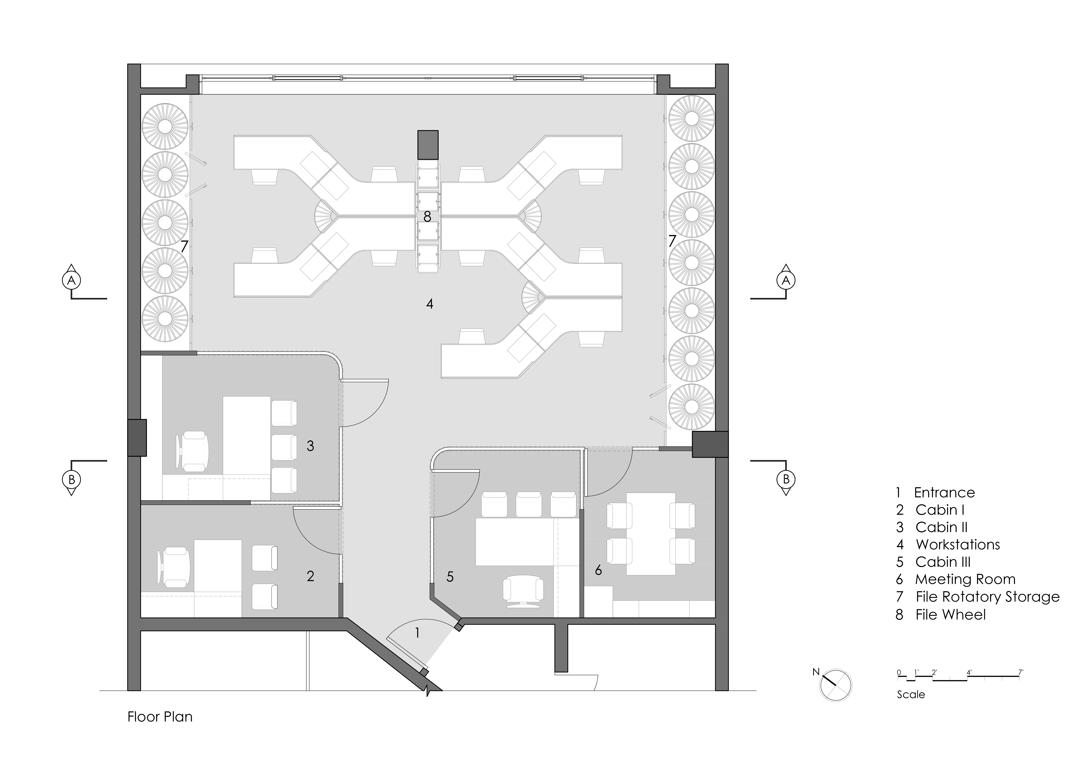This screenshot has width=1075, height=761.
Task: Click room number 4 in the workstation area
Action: coord(429,304)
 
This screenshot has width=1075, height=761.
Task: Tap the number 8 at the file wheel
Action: coord(427,217)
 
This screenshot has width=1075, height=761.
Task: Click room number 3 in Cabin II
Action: coord(310,446)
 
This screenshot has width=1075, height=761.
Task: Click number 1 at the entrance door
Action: coord(417,634)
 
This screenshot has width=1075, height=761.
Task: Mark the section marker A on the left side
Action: coord(71,280)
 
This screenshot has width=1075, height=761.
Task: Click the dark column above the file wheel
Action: coord(428,145)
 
